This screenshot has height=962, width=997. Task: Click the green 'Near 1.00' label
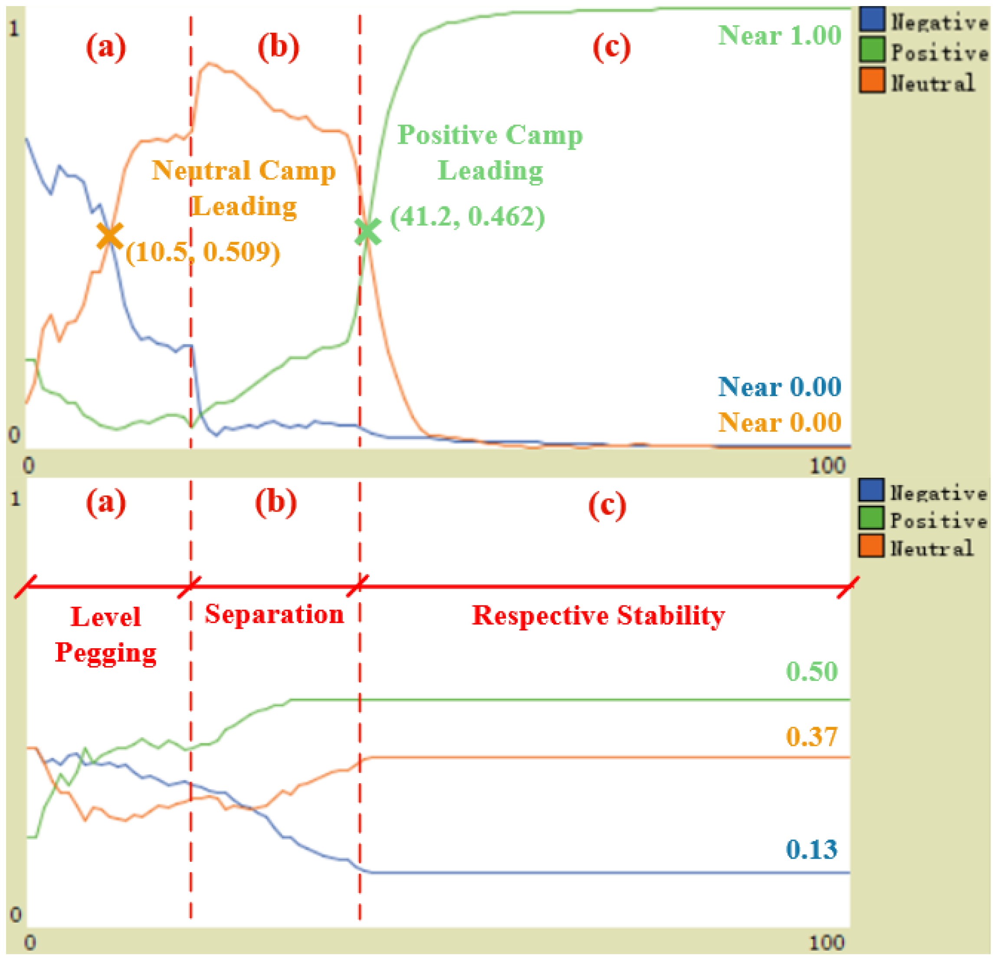click(779, 36)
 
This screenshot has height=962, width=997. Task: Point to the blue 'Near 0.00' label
click(779, 387)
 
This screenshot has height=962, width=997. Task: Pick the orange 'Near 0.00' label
click(779, 422)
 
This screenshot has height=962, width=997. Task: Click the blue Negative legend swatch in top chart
click(872, 20)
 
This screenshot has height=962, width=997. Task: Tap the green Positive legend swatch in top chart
click(872, 50)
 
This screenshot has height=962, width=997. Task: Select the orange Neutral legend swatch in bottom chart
click(871, 546)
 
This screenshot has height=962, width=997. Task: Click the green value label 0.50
click(811, 672)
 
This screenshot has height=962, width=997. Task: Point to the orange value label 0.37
click(811, 737)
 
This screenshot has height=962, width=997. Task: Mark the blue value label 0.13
click(811, 850)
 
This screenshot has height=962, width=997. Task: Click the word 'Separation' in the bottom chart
click(274, 614)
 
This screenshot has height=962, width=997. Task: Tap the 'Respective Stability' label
click(598, 616)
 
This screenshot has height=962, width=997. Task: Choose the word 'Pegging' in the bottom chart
click(106, 653)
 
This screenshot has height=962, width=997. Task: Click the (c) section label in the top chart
click(611, 47)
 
